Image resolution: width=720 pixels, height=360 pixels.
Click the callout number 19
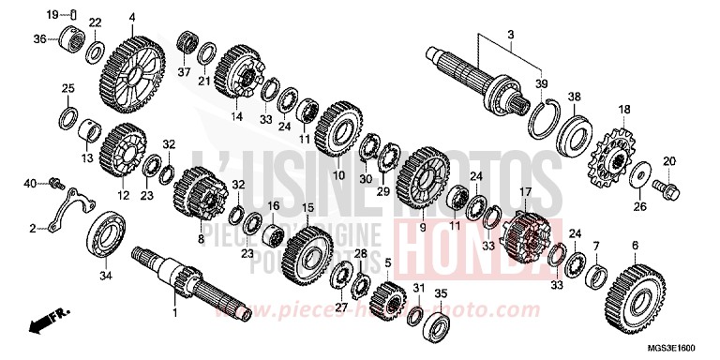52,13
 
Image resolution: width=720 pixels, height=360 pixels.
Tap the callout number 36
39,38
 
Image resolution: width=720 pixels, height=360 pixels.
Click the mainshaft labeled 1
187,281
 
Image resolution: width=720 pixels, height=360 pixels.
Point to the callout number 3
510,35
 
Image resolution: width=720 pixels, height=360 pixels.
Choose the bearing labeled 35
439,323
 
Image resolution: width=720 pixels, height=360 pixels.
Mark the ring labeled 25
67,117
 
